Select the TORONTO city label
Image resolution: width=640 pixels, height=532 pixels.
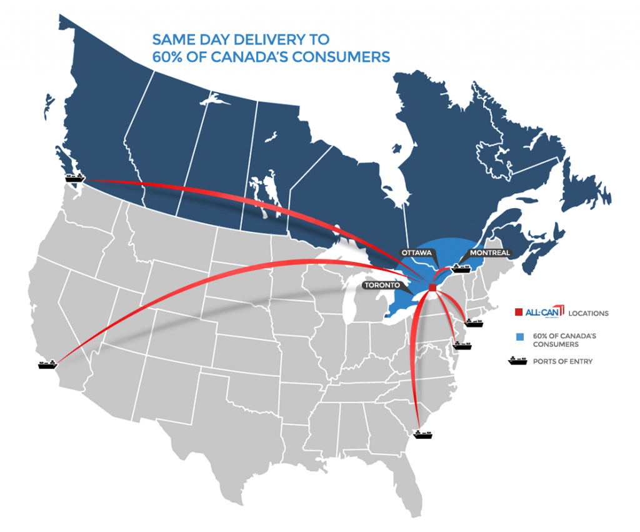(x=382, y=284)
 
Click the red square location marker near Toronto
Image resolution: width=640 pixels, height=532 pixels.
(x=432, y=287)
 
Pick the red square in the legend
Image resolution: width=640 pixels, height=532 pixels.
(x=518, y=312)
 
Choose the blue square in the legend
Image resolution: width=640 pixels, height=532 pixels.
(x=518, y=337)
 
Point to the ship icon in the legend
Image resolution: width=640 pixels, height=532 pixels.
(x=518, y=361)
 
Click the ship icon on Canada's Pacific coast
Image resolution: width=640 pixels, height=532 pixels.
(x=74, y=178)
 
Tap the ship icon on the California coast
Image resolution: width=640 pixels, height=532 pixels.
(x=47, y=363)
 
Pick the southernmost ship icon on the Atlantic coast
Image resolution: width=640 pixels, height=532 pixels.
(x=422, y=433)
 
